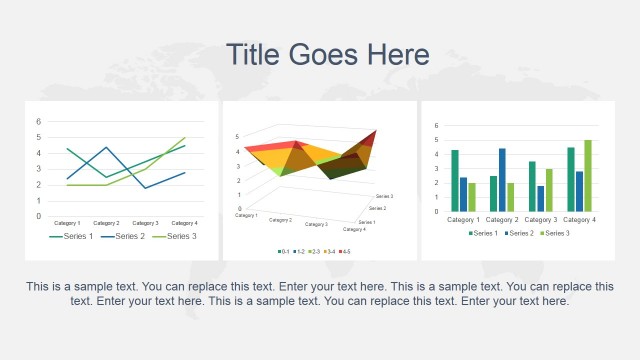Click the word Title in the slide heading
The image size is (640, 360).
(x=254, y=54)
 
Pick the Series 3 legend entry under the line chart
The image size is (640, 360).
(x=176, y=236)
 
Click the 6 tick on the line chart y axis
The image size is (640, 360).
(x=38, y=122)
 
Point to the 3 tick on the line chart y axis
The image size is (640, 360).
(x=38, y=169)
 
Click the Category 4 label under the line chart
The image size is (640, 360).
(x=183, y=223)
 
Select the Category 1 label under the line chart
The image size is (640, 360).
(x=67, y=223)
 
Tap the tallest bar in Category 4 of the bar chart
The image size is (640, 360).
(x=588, y=176)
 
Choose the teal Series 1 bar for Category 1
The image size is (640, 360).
(x=455, y=181)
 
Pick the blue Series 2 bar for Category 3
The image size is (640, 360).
(x=541, y=199)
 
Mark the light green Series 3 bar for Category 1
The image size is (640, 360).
(x=472, y=197)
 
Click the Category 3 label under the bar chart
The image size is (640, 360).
(x=541, y=219)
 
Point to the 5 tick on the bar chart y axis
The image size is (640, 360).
(x=436, y=140)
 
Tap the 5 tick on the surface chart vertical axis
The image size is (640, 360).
(x=237, y=136)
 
